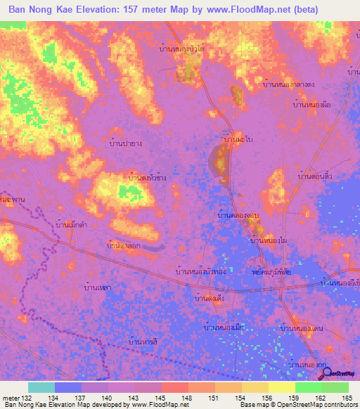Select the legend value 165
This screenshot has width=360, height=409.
tap(347, 398)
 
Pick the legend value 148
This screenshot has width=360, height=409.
tap(188, 398)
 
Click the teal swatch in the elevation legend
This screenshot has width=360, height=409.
tap(41, 387)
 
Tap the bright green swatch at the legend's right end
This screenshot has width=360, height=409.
tap(335, 387)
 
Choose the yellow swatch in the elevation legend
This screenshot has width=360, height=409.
tap(281, 387)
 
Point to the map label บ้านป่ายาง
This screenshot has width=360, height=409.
tap(127, 143)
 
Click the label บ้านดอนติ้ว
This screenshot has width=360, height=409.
tap(315, 176)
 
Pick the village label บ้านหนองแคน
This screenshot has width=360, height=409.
tap(300, 328)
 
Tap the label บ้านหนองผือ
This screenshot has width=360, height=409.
tap(311, 104)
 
